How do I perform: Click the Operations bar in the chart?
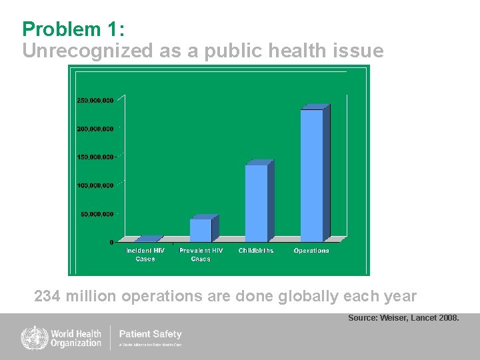click(x=312, y=175)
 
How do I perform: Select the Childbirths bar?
click(x=257, y=203)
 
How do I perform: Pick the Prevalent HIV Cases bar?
click(x=201, y=229)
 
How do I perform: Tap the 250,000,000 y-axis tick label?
click(x=95, y=100)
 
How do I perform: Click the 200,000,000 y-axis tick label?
click(x=95, y=128)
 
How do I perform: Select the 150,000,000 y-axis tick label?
click(x=95, y=157)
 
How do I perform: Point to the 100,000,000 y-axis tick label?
click(x=95, y=185)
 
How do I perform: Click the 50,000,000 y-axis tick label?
click(x=97, y=214)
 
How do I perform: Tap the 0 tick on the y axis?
click(x=111, y=243)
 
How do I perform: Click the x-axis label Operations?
click(x=311, y=251)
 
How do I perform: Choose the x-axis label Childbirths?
click(x=256, y=251)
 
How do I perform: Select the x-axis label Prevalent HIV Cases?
click(x=201, y=255)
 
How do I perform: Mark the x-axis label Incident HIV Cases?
click(x=145, y=255)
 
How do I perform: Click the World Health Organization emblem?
click(x=31, y=337)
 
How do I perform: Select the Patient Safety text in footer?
click(x=150, y=334)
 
